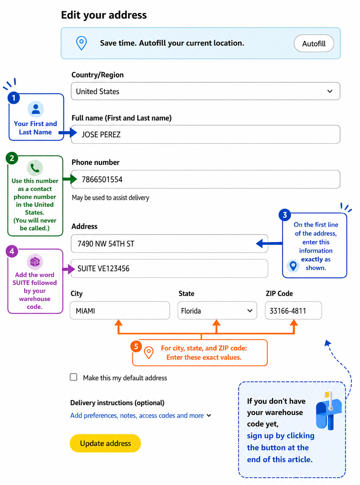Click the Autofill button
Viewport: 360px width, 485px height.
point(313,43)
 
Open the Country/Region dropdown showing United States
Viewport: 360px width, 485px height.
point(205,91)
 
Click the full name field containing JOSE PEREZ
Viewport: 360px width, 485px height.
point(205,134)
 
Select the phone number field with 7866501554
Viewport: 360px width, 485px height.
point(205,179)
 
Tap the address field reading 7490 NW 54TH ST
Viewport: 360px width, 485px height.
point(169,243)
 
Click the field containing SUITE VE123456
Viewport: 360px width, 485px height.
point(169,268)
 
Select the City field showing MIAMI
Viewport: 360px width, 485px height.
point(120,310)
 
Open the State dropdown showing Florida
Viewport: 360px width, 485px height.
point(217,310)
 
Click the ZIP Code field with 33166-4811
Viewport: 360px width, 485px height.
point(293,310)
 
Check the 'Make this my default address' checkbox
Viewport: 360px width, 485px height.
point(73,377)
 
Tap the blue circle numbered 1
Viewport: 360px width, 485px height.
point(14,98)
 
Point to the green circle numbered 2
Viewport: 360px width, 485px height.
point(12,158)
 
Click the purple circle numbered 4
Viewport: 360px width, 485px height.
point(12,251)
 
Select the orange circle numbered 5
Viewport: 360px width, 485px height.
point(136,346)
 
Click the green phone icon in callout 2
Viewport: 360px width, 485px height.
point(35,168)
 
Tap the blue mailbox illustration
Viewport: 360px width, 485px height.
point(328,411)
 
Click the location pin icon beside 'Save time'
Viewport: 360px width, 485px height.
point(81,43)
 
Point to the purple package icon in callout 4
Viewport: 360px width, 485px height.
point(35,261)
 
